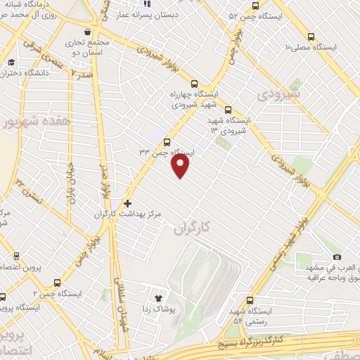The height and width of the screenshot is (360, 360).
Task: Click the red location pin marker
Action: [181, 166]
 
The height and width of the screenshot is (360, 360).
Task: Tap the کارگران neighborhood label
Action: [191, 228]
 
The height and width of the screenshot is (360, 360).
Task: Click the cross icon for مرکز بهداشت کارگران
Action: [127, 203]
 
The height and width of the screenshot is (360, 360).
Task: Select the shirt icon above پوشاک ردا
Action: [167, 298]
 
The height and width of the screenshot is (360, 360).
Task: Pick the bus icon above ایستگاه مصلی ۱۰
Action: [310, 35]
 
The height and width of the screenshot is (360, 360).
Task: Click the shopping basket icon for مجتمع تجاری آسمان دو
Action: [87, 32]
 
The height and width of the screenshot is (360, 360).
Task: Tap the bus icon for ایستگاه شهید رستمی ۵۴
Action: [250, 300]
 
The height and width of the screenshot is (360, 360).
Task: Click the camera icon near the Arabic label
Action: [337, 257]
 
